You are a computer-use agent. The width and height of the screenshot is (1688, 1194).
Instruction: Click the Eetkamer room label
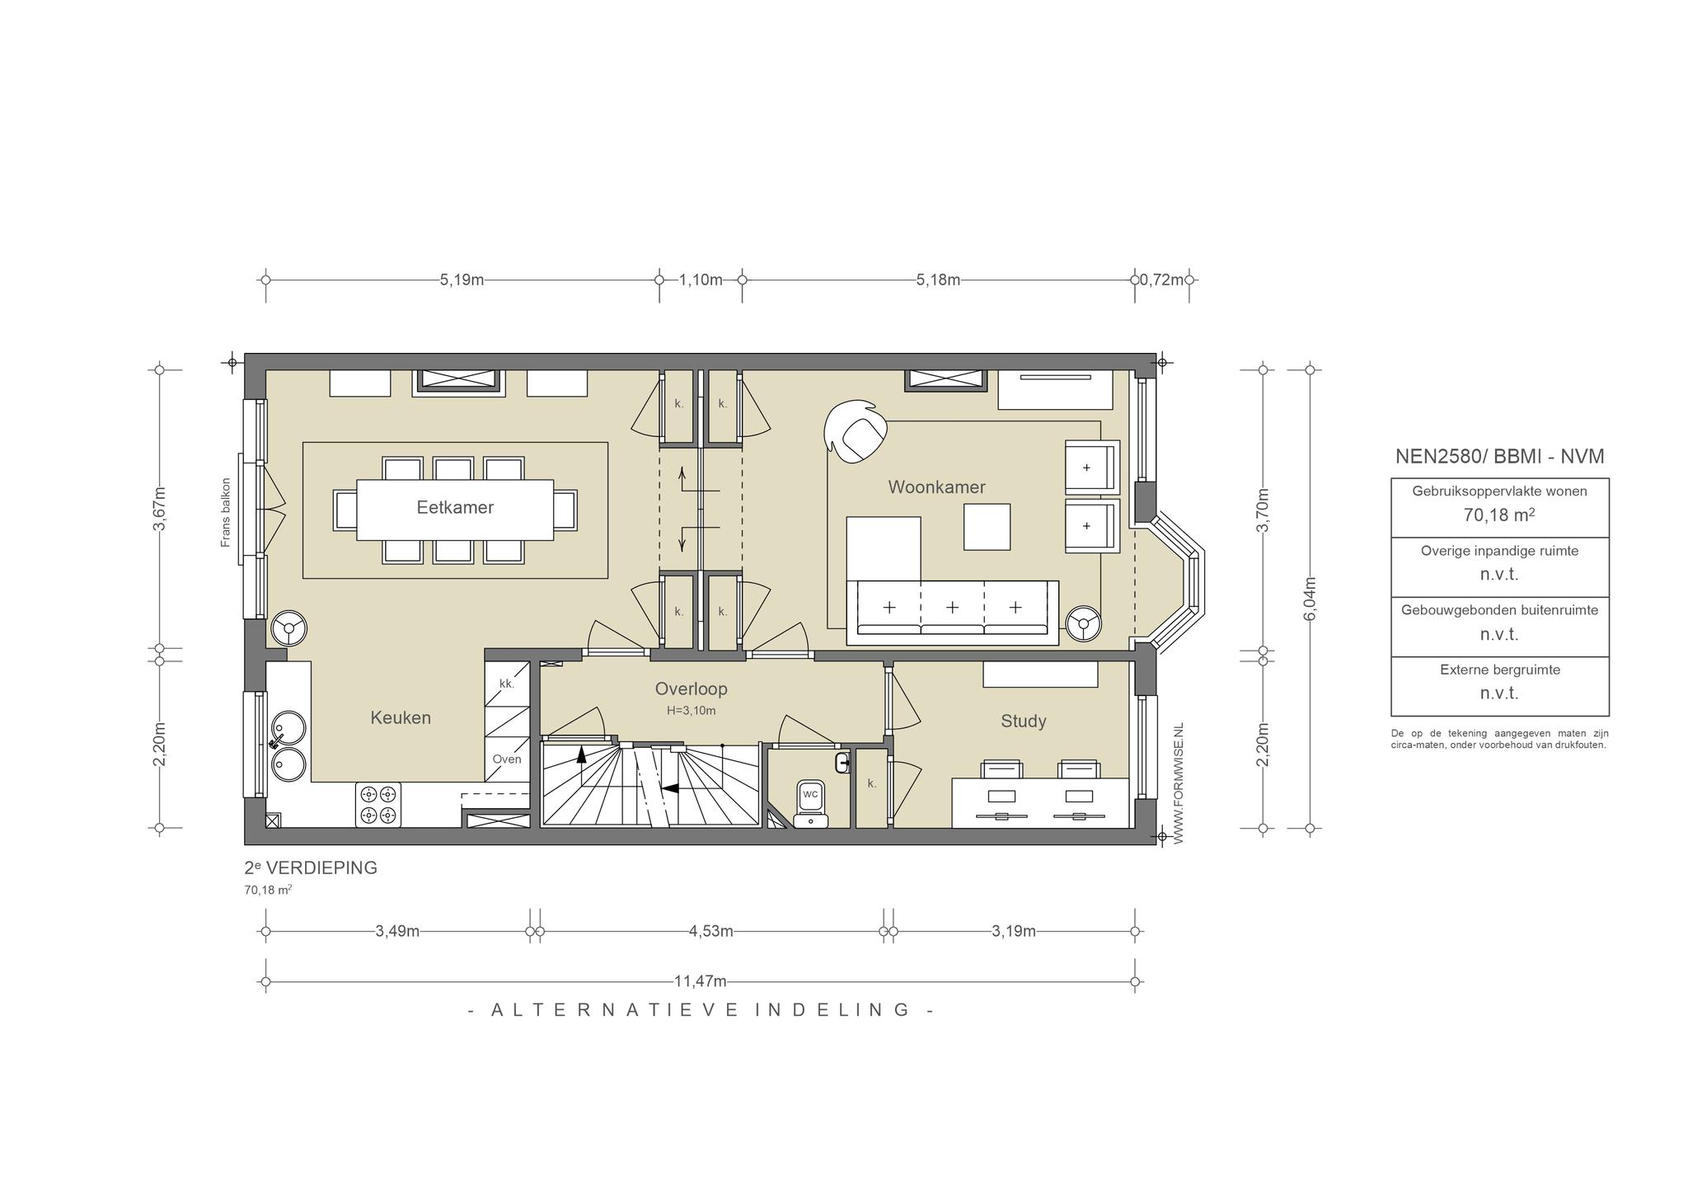click(x=455, y=507)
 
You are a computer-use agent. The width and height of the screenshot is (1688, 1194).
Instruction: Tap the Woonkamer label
click(x=936, y=487)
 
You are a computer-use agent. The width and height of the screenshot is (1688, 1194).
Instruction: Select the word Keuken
click(x=401, y=717)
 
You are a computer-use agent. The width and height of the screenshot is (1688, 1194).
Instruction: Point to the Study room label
click(x=1024, y=722)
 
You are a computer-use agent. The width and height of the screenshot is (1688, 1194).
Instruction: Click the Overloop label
click(x=692, y=689)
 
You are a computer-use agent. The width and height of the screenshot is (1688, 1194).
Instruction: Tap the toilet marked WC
click(x=811, y=802)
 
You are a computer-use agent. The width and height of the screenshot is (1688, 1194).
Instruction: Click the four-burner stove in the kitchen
click(x=378, y=805)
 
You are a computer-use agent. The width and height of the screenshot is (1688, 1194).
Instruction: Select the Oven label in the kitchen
click(x=507, y=759)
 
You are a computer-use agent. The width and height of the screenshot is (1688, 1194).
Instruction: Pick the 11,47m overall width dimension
click(x=701, y=981)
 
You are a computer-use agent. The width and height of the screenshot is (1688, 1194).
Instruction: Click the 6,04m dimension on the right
click(x=1311, y=599)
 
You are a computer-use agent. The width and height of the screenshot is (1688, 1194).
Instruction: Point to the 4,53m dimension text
click(x=711, y=931)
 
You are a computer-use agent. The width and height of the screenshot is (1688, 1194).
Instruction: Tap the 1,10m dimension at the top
click(x=701, y=280)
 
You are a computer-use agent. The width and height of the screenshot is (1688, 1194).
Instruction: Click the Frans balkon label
click(x=226, y=512)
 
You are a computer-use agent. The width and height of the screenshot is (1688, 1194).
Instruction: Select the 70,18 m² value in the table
click(x=1499, y=515)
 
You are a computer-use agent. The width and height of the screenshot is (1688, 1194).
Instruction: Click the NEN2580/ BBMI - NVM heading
click(x=1500, y=456)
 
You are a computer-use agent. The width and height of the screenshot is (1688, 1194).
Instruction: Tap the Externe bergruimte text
click(x=1500, y=670)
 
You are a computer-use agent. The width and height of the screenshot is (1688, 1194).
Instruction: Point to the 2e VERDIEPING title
click(x=311, y=867)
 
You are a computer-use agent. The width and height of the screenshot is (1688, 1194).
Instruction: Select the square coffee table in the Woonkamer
click(x=987, y=526)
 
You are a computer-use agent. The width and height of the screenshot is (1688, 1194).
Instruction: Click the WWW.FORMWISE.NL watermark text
click(x=1178, y=783)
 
